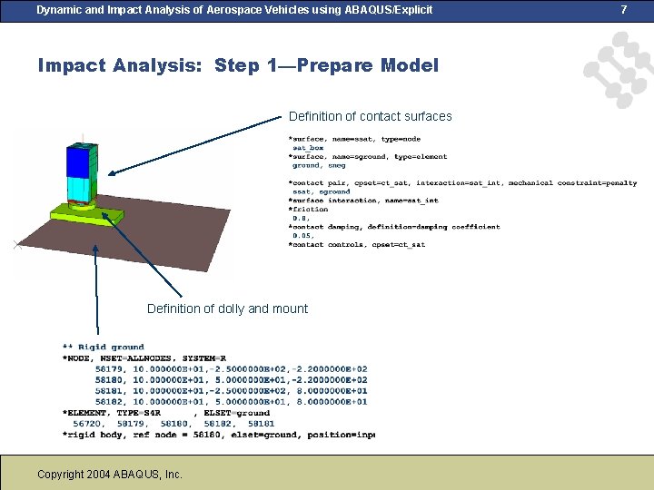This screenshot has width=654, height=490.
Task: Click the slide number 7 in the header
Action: coord(624,9)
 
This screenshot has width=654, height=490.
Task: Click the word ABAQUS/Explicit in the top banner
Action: coord(381,9)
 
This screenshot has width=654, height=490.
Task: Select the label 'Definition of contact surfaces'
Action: coord(370,116)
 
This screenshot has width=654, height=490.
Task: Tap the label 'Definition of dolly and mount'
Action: coord(227,309)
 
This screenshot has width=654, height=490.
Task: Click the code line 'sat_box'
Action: coord(308,148)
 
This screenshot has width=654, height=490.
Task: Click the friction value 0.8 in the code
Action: coord(300,218)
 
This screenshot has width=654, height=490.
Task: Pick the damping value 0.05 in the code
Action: coord(302,235)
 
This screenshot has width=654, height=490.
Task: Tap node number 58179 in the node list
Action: coord(110,368)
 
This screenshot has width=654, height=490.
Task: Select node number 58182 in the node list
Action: coord(110,401)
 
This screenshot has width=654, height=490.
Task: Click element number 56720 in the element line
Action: coord(88,423)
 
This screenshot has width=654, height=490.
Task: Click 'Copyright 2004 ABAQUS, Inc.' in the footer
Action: coord(110,474)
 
